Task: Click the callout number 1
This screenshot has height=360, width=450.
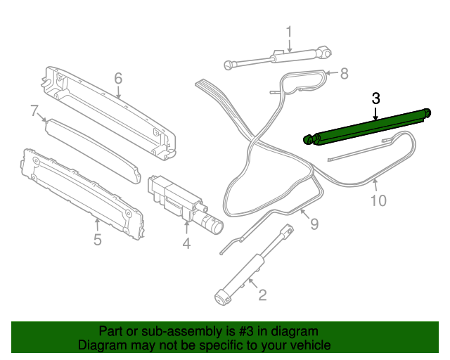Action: [x=288, y=32]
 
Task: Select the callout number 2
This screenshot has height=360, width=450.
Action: [x=262, y=295]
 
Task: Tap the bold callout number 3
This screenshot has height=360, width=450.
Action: [x=376, y=98]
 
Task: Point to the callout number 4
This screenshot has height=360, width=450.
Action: [x=186, y=244]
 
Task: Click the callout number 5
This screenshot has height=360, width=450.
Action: [x=97, y=240]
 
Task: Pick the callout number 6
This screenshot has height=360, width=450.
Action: [x=118, y=77]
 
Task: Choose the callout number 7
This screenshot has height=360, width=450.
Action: [x=34, y=110]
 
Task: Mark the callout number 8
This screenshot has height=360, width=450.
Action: [x=344, y=72]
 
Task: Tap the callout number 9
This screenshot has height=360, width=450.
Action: [x=314, y=224]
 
